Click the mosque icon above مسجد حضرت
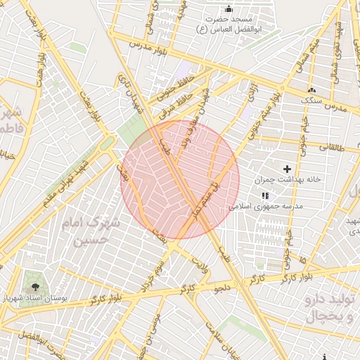228,9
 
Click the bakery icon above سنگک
311,90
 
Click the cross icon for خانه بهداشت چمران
287,169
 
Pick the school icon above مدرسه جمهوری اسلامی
264,195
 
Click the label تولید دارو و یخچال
330,308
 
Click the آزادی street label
250,89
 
